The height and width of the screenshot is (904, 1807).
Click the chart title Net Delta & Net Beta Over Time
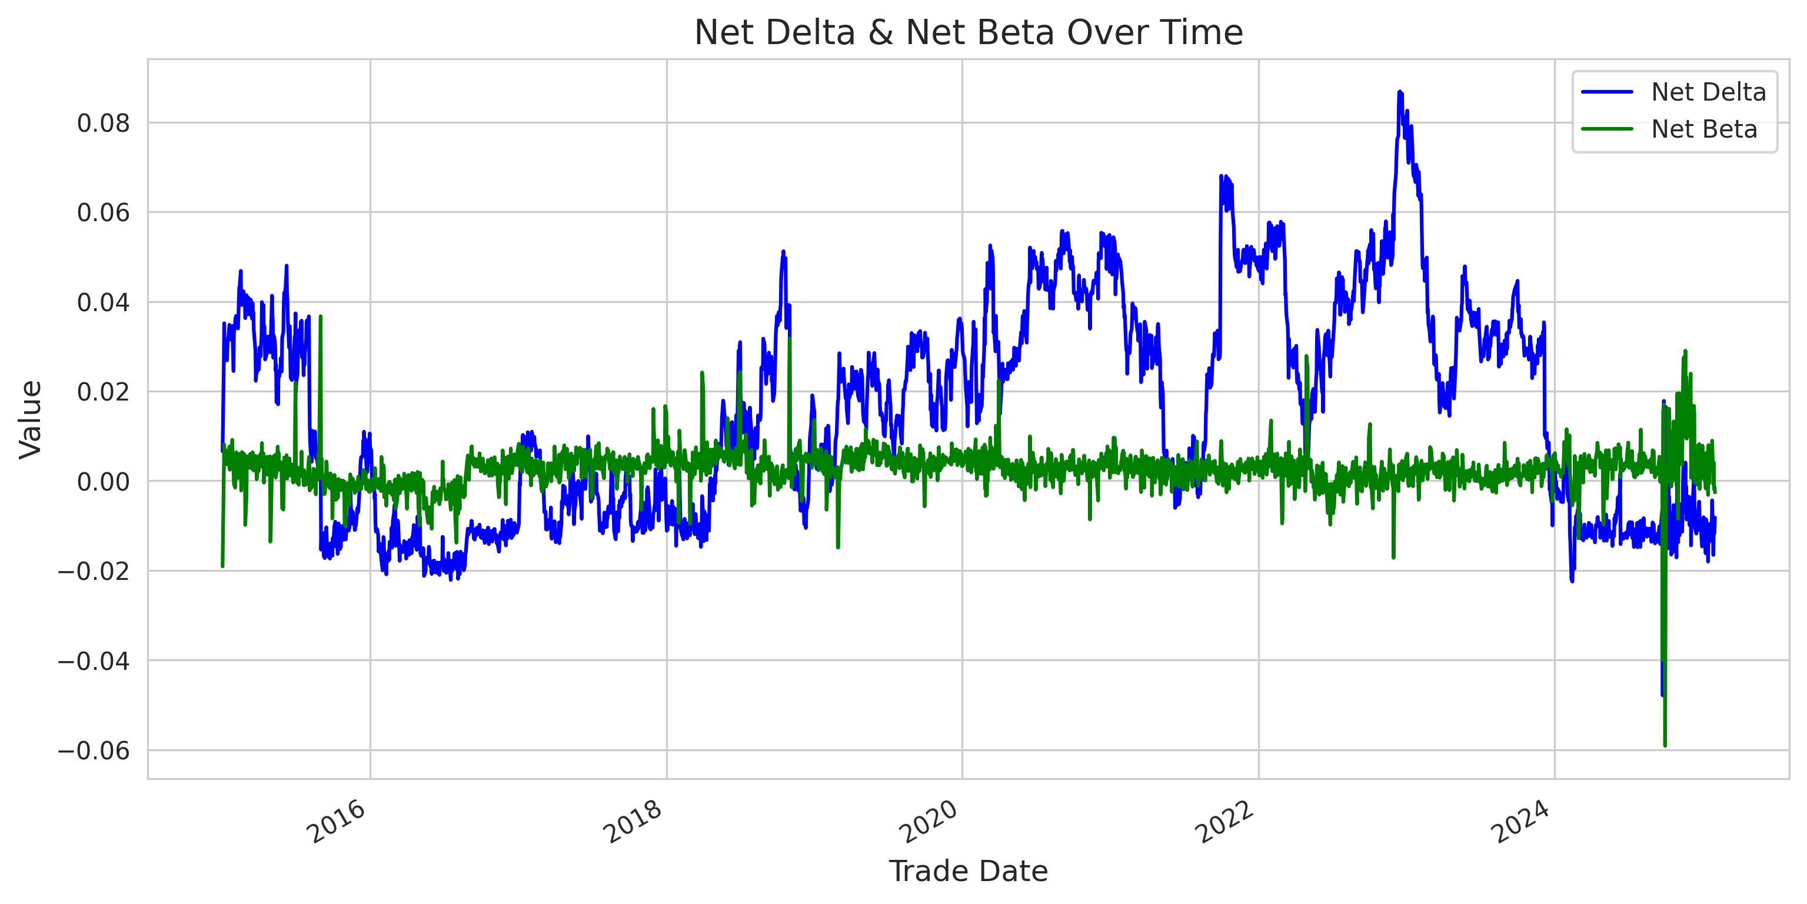click(968, 32)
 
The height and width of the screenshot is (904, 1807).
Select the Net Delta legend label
click(1708, 92)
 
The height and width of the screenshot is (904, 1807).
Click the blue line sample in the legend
click(1607, 92)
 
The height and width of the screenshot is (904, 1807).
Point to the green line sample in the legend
click(1607, 129)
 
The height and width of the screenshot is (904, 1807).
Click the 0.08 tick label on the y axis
click(103, 124)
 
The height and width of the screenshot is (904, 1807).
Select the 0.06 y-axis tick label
click(103, 212)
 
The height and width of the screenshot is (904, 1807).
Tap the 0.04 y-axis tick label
click(103, 302)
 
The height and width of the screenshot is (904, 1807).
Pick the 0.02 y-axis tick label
click(103, 392)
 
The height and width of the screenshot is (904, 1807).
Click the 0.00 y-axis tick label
click(103, 482)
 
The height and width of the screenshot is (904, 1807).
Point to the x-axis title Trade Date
click(968, 871)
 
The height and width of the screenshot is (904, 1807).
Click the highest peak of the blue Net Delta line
click(1399, 92)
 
